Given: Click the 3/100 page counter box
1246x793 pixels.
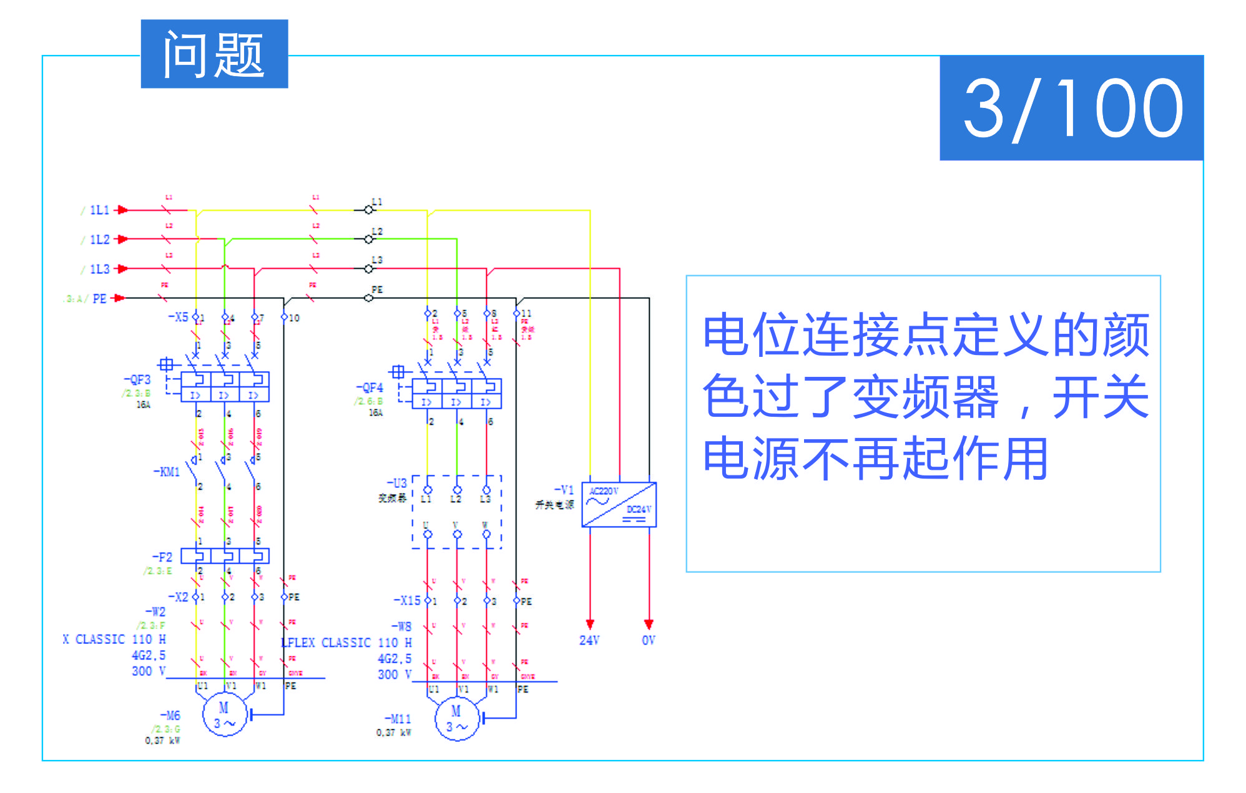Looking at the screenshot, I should (x=1071, y=108).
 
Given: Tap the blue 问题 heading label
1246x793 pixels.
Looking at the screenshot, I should (x=214, y=54).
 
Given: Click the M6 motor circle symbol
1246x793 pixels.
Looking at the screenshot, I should (x=224, y=715).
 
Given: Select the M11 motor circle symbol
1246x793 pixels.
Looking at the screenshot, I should (x=456, y=719).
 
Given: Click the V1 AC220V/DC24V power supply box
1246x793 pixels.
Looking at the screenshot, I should (x=619, y=504).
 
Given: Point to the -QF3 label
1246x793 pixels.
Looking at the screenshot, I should (x=137, y=379).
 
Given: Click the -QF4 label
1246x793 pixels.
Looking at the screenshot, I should (x=370, y=387).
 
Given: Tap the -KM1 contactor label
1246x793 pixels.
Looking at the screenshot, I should (x=167, y=472).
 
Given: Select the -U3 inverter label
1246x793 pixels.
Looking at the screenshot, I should (x=397, y=483).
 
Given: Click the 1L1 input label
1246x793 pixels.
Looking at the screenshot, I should (x=99, y=210).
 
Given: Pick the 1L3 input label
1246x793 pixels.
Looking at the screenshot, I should (x=99, y=269).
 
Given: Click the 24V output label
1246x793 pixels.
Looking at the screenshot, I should (x=589, y=640).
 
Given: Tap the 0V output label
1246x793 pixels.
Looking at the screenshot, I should (x=648, y=640).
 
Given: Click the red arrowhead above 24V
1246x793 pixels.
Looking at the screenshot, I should (x=590, y=624).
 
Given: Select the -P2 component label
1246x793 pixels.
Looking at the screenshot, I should (x=162, y=557).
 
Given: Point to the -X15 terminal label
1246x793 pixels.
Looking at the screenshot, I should (x=407, y=600).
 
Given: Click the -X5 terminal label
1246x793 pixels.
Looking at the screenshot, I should (x=178, y=317).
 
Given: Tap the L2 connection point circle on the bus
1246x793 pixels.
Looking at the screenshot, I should (x=368, y=239).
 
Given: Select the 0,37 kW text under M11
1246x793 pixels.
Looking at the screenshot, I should (x=393, y=732).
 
